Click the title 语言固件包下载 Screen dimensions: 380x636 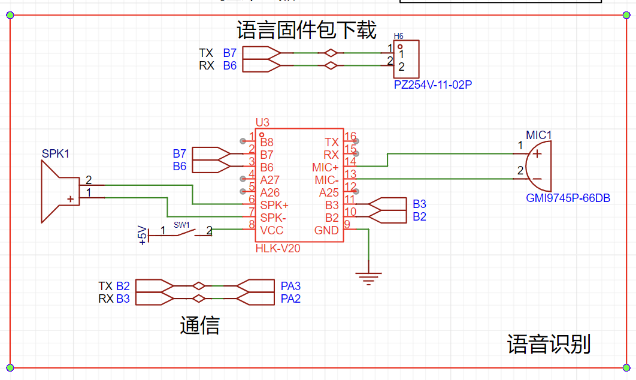306,29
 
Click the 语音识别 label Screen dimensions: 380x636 549,344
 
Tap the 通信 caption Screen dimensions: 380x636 199,325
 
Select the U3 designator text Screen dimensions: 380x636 262,122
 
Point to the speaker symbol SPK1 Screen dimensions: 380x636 60,192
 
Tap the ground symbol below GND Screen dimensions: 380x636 368,277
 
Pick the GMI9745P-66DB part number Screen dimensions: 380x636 568,198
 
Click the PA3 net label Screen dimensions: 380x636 290,285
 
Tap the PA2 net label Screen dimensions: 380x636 290,298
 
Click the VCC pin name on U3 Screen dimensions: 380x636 272,231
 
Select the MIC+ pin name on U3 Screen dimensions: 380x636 325,167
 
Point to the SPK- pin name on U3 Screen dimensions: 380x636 273,218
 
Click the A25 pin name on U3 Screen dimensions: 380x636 329,192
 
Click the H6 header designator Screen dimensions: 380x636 398,37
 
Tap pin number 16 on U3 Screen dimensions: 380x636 350,137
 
